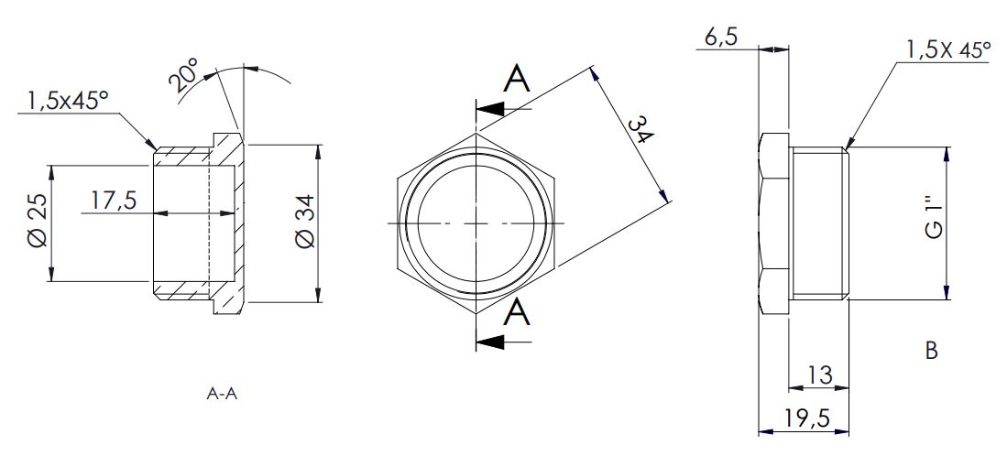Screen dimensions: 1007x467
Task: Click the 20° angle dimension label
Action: click(x=183, y=74)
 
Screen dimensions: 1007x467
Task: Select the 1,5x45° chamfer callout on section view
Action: click(x=68, y=102)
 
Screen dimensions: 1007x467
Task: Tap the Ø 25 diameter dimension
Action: click(x=38, y=222)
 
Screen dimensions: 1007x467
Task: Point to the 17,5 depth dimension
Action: click(x=114, y=201)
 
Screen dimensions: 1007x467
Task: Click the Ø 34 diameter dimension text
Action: click(x=305, y=221)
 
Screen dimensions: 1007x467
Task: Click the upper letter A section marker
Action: click(x=517, y=80)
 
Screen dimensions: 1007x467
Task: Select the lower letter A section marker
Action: click(x=517, y=314)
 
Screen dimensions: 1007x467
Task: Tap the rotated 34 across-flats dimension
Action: click(x=639, y=132)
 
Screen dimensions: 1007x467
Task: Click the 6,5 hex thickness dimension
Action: click(x=720, y=38)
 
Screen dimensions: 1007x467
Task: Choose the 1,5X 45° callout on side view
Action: click(x=948, y=49)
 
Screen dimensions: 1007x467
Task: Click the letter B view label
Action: click(x=931, y=351)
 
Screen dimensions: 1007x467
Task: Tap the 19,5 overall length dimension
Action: click(x=807, y=418)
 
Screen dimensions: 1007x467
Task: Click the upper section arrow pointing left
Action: click(x=504, y=109)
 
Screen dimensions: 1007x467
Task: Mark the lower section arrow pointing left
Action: click(x=504, y=342)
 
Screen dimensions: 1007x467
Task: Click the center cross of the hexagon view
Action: click(x=476, y=223)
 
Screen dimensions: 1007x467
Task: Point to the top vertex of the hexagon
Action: click(x=476, y=133)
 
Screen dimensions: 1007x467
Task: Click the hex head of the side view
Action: click(x=774, y=223)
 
